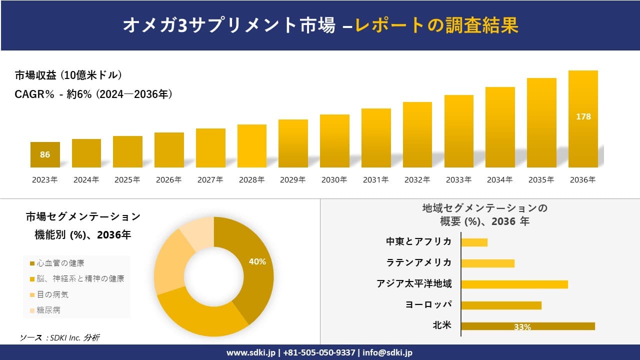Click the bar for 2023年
click(x=45, y=154)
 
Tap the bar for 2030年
click(x=334, y=141)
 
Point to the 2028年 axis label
click(x=251, y=180)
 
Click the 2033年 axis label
click(x=458, y=180)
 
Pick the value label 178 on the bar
click(x=583, y=116)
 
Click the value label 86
click(x=45, y=154)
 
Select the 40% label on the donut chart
click(x=257, y=261)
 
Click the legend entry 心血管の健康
click(x=60, y=263)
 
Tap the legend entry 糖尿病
click(x=48, y=310)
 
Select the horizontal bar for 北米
click(x=528, y=326)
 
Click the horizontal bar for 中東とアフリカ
click(x=474, y=242)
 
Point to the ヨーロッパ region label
click(x=428, y=304)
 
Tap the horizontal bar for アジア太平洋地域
click(x=514, y=284)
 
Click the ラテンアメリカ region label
click(x=419, y=262)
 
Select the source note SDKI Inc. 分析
click(x=59, y=338)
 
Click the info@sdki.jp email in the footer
click(x=387, y=352)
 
